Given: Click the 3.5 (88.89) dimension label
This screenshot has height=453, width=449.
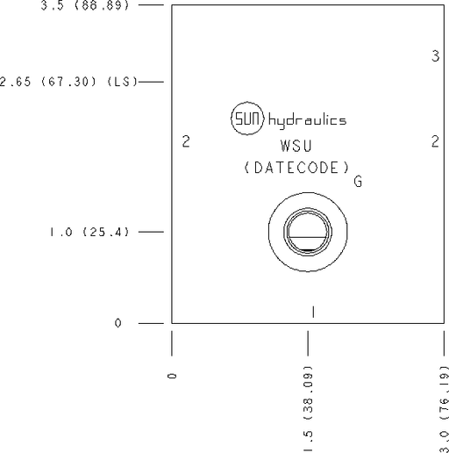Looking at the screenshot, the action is coord(85,5).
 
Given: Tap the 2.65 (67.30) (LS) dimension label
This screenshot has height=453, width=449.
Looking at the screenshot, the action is coord(68,82).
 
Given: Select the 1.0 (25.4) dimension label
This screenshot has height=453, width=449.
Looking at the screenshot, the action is coord(89,232).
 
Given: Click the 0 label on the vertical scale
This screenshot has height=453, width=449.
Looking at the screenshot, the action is coord(118,323).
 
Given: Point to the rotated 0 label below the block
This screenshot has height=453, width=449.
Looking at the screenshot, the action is coord(173,376).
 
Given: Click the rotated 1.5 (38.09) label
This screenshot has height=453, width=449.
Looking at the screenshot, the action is coord(309,408).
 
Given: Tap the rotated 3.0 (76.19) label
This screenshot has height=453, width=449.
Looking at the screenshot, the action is coord(445,409).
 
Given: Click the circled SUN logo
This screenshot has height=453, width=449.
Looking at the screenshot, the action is coord(247,119).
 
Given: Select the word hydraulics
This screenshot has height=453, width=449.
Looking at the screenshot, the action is coord(307,121).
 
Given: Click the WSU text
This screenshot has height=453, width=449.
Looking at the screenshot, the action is coord(296,146).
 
